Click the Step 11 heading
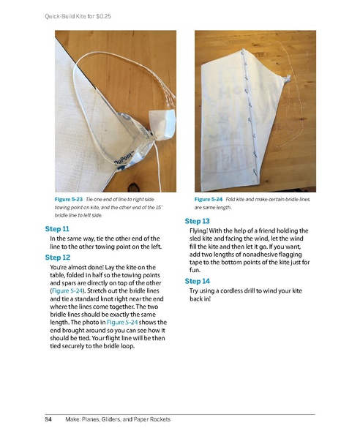[x=59, y=229]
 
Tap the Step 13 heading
[x=198, y=221]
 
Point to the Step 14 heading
[x=198, y=281]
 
